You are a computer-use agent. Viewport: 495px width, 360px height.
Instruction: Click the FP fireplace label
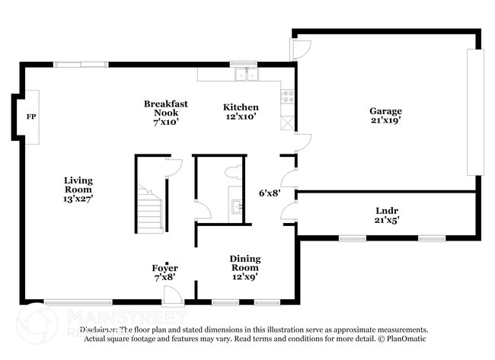click(x=31, y=116)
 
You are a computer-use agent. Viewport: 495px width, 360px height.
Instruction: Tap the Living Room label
click(x=78, y=185)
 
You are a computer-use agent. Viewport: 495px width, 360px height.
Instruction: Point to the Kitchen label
click(x=240, y=107)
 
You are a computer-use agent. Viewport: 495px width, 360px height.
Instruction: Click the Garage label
click(x=385, y=111)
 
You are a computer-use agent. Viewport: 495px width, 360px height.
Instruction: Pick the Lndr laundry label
click(x=388, y=211)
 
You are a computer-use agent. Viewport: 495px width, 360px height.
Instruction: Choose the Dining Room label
click(x=244, y=263)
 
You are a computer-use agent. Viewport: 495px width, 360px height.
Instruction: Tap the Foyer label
click(x=165, y=268)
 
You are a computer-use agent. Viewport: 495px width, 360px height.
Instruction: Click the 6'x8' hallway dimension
click(x=270, y=193)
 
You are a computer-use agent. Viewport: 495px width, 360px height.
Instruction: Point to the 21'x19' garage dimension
click(x=385, y=120)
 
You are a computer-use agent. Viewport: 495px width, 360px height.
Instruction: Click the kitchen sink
click(x=246, y=75)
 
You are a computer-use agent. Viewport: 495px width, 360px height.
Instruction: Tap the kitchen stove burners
click(x=288, y=97)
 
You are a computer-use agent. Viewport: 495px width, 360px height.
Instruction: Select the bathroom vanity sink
click(x=236, y=205)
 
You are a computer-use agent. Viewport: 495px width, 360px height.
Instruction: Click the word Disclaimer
click(x=99, y=330)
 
